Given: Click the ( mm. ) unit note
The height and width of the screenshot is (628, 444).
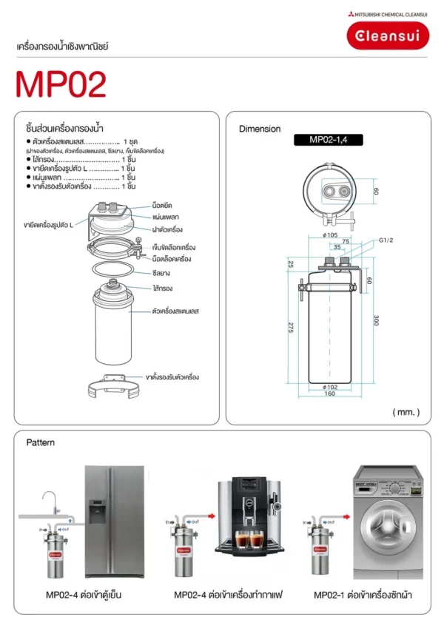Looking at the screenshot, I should click(406, 412).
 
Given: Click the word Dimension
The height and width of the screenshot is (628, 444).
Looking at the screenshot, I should click(260, 129).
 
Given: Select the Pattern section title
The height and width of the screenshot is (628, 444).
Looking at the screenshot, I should click(41, 443).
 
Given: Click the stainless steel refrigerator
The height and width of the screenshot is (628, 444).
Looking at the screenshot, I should click(113, 522).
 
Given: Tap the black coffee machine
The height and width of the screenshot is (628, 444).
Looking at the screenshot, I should click(249, 518).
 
